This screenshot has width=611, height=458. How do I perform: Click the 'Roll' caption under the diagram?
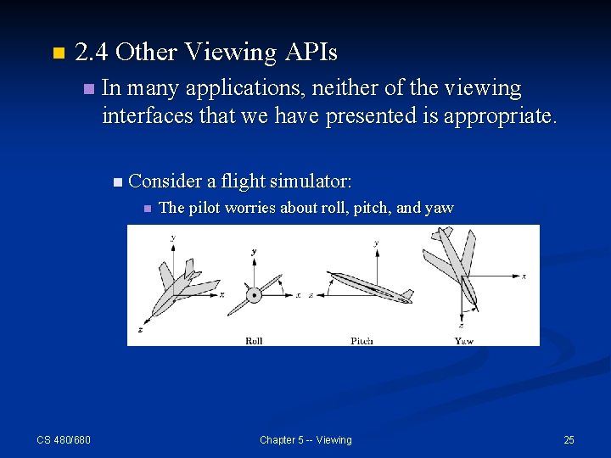(x=254, y=341)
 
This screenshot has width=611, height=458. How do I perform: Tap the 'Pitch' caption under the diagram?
(x=362, y=341)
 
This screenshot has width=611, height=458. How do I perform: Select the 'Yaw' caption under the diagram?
(x=464, y=341)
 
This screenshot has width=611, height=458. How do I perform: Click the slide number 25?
(x=569, y=439)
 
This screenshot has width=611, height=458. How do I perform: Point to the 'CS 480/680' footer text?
(x=64, y=439)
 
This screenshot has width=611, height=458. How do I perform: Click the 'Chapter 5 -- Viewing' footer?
(x=305, y=439)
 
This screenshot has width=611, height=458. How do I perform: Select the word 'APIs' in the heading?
(x=311, y=53)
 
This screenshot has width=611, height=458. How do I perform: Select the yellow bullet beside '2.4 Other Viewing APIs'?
(x=58, y=53)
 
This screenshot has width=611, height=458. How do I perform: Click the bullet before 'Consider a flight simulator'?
(x=117, y=181)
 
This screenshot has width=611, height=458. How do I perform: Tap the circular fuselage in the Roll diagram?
(x=254, y=295)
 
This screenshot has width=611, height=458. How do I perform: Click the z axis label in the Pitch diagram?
(x=311, y=295)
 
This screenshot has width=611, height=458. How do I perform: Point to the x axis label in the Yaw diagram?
(x=524, y=276)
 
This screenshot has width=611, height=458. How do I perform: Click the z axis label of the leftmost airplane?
(x=139, y=329)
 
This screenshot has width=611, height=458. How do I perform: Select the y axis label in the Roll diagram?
(x=254, y=252)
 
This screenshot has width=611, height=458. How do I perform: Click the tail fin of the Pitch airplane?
(x=406, y=295)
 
